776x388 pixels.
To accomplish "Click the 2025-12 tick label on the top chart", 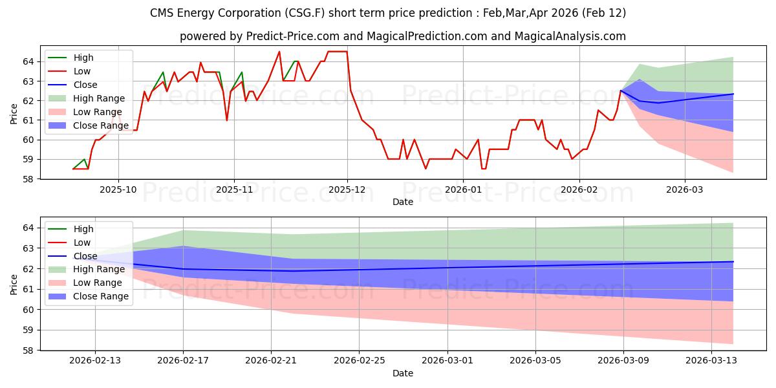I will click(x=347, y=190).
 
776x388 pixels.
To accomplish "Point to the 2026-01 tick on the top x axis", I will click(x=463, y=190).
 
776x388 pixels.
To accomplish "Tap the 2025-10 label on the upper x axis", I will click(x=118, y=190).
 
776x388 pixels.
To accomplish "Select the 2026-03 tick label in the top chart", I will click(x=685, y=190).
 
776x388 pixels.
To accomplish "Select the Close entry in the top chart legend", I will click(x=85, y=85).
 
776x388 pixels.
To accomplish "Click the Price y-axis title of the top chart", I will click(x=14, y=114).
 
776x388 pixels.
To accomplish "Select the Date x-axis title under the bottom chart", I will click(x=402, y=374).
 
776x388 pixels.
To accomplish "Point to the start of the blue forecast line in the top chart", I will click(x=621, y=91).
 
